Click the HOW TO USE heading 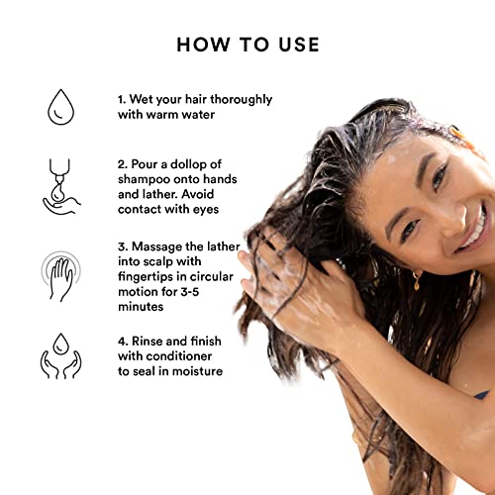(x=247, y=45)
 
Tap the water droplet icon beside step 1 (x=62, y=107)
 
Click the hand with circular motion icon (x=62, y=272)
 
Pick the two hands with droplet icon (x=62, y=355)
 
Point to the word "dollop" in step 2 (x=246, y=162)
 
